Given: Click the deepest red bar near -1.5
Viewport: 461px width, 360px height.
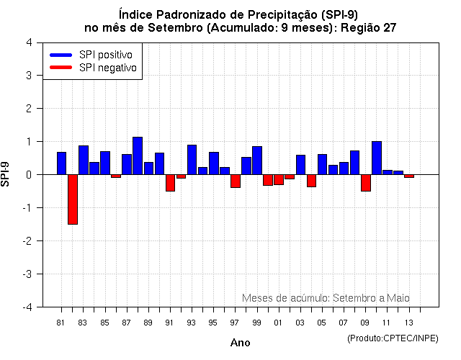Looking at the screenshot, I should [x=73, y=199].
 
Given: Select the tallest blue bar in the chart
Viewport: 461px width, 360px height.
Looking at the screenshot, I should [x=138, y=156].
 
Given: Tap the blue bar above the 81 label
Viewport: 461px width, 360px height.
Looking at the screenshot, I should [x=62, y=163].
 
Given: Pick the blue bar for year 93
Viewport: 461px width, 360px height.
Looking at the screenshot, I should [x=192, y=160].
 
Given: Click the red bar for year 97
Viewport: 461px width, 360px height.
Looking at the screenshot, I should [x=236, y=181].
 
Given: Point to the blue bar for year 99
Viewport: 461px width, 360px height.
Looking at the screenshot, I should [x=257, y=161].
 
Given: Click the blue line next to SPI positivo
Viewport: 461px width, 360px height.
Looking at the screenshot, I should [x=61, y=55].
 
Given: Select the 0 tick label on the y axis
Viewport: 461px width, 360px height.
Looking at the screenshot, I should [x=28, y=175].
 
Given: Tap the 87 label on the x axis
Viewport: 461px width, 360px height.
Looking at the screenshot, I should [x=127, y=322].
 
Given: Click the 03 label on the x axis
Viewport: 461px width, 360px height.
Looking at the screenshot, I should [x=300, y=322].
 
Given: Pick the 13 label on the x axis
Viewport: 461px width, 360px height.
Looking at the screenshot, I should [x=409, y=322].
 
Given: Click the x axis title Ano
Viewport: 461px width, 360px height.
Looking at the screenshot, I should [x=240, y=343].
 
